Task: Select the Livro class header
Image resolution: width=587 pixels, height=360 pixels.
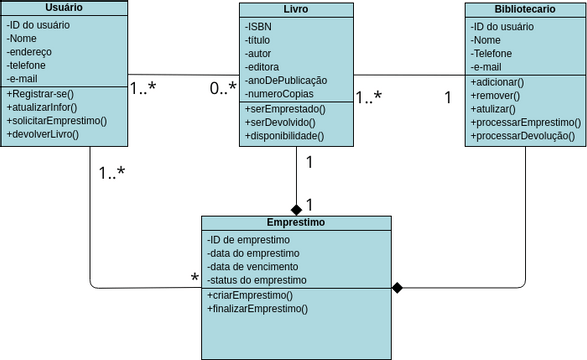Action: tap(296, 10)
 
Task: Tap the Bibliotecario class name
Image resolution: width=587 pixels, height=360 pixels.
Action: tap(525, 8)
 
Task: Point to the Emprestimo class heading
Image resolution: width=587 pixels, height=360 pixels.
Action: tap(295, 222)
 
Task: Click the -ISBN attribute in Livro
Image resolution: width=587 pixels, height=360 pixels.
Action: tap(259, 26)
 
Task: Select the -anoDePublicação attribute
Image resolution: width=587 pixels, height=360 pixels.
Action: tap(286, 79)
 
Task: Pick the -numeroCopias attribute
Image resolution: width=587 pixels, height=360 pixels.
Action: tap(280, 93)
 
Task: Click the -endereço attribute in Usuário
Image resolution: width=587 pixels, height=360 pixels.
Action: tap(31, 50)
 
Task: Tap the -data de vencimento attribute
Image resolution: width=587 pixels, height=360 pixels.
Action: tap(255, 268)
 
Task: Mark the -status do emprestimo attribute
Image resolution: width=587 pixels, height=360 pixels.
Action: tap(259, 281)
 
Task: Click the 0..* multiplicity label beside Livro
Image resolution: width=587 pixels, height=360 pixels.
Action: tap(223, 89)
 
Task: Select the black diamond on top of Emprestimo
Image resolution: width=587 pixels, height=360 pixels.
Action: tap(296, 208)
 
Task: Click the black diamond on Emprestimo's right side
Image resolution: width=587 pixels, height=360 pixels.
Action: tap(397, 288)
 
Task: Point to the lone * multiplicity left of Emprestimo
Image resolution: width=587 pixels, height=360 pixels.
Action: tap(195, 277)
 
